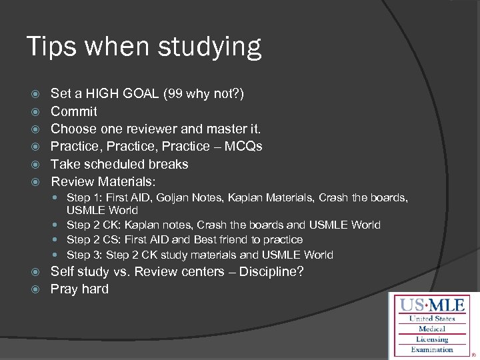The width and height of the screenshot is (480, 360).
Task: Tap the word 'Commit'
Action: [x=74, y=111]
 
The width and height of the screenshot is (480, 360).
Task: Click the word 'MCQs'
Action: [x=241, y=146]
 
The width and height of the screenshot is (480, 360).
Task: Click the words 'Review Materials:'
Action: [x=103, y=181]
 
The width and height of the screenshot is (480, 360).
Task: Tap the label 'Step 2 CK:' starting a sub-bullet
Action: [x=93, y=225]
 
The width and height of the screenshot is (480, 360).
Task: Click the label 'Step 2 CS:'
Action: [x=93, y=239]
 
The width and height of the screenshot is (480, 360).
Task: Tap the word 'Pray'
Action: [x=65, y=289]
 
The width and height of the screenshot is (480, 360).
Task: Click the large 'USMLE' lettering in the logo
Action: [x=433, y=306]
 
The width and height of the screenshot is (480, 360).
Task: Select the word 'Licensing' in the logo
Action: [x=433, y=339]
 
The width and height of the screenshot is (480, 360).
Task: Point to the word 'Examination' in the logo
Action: [x=432, y=349]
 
